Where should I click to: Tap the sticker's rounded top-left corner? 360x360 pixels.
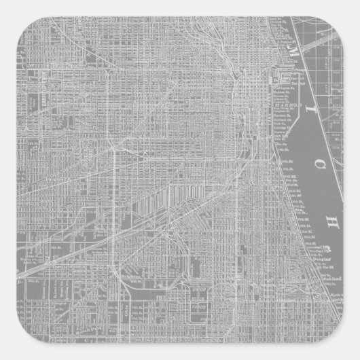6,6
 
